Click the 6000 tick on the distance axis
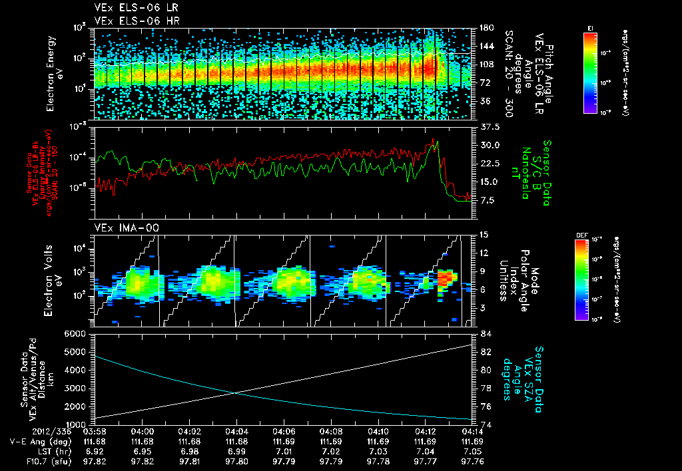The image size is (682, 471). pos(77,333)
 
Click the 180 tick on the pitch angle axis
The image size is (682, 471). pos(487,27)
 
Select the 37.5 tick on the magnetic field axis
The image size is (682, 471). pos(489,126)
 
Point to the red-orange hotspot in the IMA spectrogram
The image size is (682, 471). pos(446,276)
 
